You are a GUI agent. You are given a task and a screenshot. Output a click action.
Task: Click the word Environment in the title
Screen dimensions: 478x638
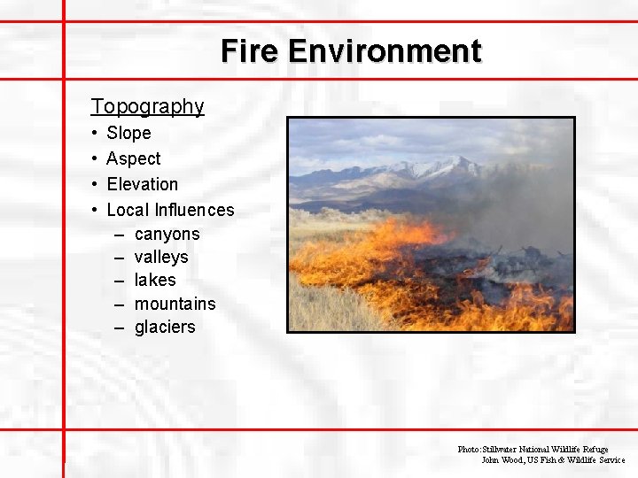click(x=385, y=51)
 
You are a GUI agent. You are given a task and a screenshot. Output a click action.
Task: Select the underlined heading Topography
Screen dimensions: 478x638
click(x=147, y=106)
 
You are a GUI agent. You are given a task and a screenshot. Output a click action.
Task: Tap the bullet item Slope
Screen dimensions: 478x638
click(x=128, y=133)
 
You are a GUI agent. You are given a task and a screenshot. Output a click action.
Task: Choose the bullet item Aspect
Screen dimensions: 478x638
click(x=133, y=158)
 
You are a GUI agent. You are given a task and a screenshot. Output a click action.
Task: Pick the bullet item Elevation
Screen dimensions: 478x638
click(x=142, y=184)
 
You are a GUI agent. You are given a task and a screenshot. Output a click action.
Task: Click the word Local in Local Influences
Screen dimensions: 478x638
click(x=128, y=210)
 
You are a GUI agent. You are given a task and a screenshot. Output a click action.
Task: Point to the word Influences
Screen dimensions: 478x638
click(x=194, y=210)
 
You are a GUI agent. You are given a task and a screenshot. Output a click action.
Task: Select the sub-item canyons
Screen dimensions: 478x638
click(x=167, y=235)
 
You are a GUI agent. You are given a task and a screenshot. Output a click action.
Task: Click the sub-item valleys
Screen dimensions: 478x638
click(x=161, y=257)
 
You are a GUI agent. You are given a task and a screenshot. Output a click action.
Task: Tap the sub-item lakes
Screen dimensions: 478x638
click(x=155, y=280)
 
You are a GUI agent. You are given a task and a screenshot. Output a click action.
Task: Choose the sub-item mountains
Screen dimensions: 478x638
click(x=175, y=304)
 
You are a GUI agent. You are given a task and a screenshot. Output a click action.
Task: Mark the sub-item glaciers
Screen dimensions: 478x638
click(x=165, y=327)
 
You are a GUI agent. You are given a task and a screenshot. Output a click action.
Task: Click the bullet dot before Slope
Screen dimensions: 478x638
click(x=95, y=134)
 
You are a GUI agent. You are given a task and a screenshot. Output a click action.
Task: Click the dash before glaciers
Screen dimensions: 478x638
click(x=119, y=328)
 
